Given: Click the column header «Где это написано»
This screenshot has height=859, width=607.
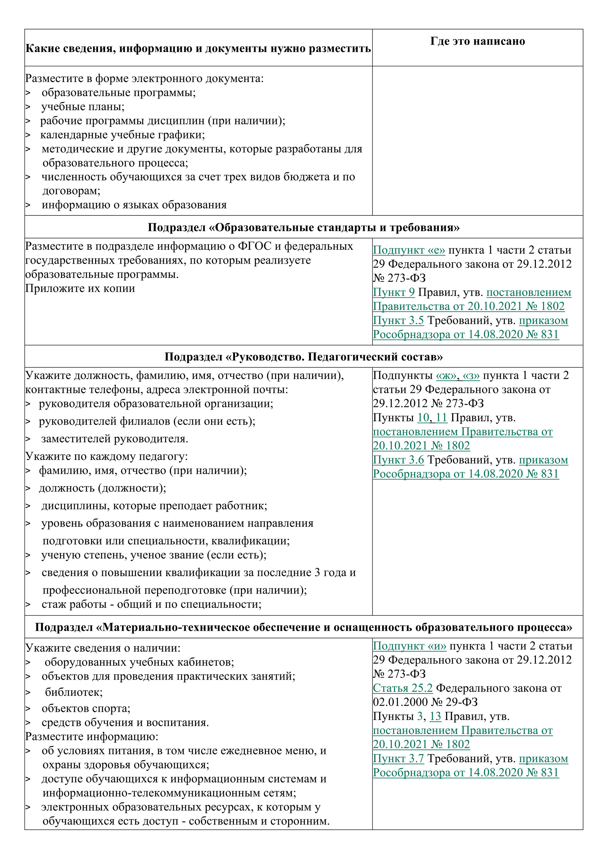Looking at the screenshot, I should tap(477, 41).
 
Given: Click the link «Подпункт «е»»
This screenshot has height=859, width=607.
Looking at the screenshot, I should tap(409, 250).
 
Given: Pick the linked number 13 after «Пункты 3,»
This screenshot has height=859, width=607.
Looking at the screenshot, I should tap(435, 716).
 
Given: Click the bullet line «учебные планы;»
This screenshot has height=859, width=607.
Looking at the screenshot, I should tap(83, 107).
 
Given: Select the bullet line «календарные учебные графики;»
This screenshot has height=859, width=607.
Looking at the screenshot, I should tap(122, 135).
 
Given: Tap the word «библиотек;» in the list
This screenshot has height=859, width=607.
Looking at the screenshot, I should tap(74, 692).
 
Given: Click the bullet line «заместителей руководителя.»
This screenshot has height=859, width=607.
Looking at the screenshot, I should tap(115, 439).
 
